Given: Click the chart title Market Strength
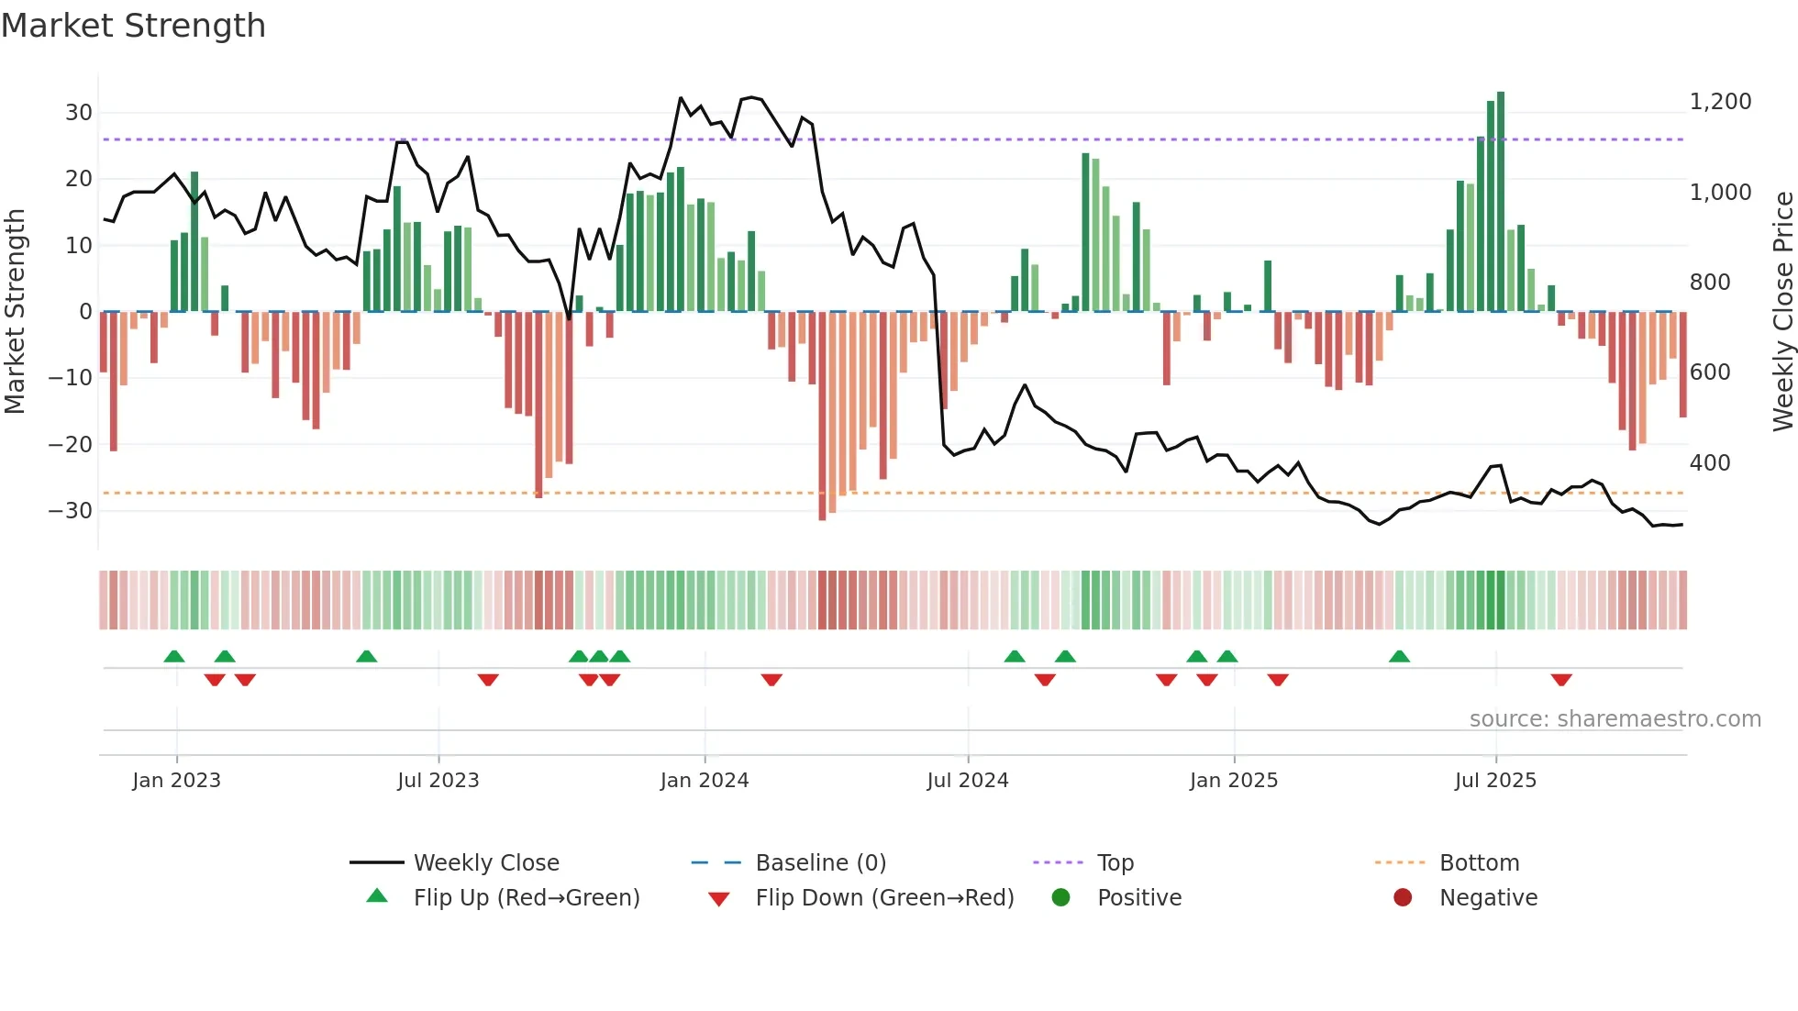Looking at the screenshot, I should (x=133, y=26).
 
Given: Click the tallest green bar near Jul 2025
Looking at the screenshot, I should (x=1501, y=202).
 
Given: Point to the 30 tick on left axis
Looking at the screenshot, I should (x=79, y=113).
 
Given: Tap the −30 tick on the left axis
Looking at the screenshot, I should (x=71, y=511).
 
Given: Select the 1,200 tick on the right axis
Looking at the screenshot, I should (x=1720, y=102).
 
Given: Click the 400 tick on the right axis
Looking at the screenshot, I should (x=1709, y=463).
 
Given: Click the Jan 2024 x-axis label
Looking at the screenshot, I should (x=705, y=781).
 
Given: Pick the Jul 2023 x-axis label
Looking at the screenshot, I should (x=438, y=781).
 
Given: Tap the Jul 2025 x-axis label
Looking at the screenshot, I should (x=1495, y=781).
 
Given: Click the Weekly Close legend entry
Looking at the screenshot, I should (x=485, y=863).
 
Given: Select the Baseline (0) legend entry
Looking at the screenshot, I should (x=820, y=863).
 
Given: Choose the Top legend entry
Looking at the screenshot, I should (x=1115, y=863).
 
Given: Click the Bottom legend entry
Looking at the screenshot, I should (x=1479, y=863).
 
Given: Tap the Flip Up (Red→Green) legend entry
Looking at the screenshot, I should (x=526, y=898).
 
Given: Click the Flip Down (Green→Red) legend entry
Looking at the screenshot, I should (x=884, y=898).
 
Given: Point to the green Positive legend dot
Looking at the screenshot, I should (x=1060, y=898).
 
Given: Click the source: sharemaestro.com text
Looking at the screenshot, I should (x=1615, y=719).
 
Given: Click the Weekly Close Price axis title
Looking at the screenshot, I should (x=1782, y=312).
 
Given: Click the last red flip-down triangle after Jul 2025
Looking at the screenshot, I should (x=1561, y=680).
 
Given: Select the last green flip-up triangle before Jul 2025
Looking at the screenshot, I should (x=1399, y=657).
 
